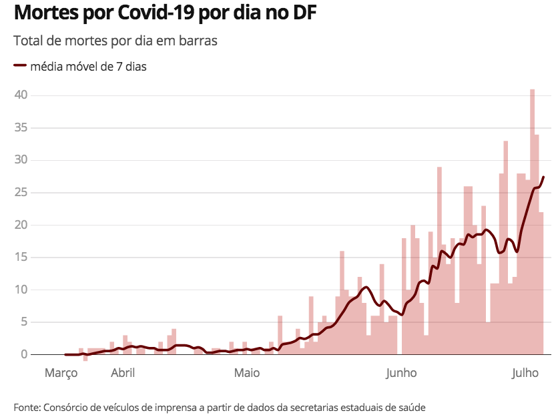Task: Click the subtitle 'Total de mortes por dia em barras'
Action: (115, 41)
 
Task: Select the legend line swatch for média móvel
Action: (19, 66)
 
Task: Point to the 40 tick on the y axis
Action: (21, 95)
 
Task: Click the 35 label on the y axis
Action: (21, 128)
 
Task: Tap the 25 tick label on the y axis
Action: (21, 193)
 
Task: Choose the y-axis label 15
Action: (21, 258)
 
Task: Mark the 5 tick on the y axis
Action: (23, 322)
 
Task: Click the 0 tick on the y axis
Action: (23, 354)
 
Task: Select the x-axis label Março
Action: (61, 373)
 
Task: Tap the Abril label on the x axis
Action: (123, 373)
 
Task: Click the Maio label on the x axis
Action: (247, 373)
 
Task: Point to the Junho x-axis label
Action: (401, 373)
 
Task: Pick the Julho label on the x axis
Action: (525, 373)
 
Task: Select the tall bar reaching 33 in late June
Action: (506, 247)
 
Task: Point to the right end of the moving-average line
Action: (544, 177)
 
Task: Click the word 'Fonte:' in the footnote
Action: (27, 406)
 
